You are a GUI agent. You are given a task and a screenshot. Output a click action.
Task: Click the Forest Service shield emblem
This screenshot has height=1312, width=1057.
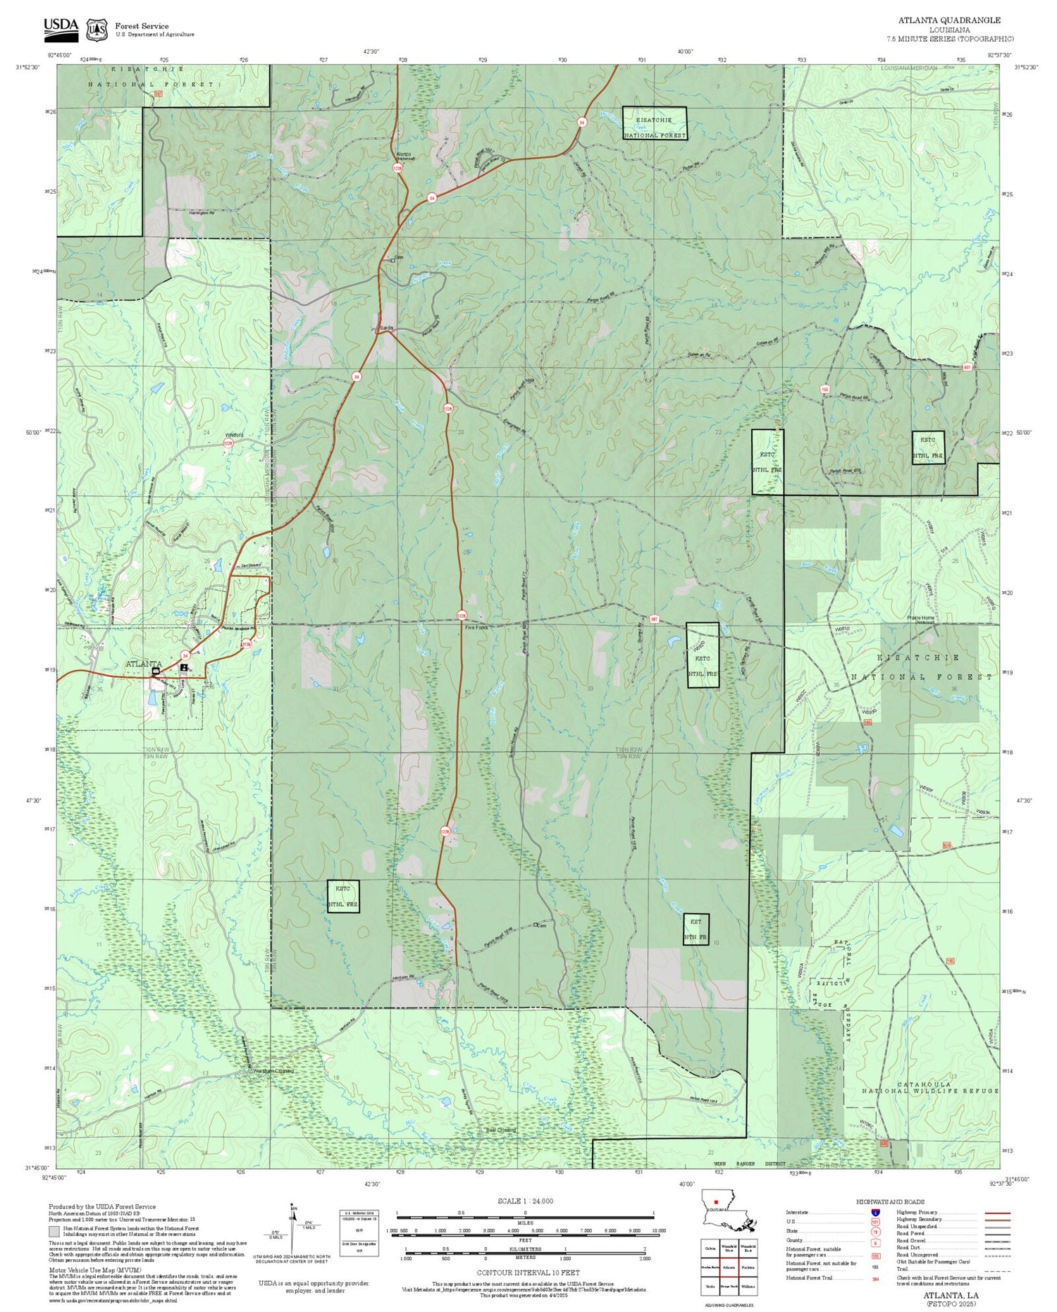(97, 30)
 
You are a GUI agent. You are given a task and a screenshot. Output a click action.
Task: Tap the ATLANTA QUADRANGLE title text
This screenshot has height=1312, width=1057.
(948, 20)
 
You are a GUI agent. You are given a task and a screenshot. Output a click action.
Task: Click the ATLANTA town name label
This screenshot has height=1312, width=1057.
(144, 664)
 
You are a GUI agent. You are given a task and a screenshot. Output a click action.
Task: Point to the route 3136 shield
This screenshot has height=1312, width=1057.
(247, 643)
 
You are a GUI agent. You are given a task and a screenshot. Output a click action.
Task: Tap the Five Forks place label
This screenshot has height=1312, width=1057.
(476, 626)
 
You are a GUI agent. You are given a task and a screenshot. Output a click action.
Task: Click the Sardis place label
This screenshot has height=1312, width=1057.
(386, 328)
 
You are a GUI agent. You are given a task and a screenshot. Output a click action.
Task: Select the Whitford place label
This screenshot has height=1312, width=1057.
(234, 435)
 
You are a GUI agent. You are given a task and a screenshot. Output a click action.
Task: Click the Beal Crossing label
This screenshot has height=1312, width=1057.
(501, 1130)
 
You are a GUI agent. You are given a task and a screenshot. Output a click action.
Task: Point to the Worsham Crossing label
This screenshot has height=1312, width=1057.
(273, 1072)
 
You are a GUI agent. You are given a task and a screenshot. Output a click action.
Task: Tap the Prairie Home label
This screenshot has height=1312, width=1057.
(920, 618)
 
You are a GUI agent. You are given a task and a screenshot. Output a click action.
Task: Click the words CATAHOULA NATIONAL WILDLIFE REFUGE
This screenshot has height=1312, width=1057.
(930, 1087)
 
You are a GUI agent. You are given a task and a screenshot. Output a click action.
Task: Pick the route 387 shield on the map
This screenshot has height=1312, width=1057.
(654, 619)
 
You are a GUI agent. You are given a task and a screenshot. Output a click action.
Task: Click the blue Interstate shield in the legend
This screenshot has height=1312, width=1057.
(874, 1212)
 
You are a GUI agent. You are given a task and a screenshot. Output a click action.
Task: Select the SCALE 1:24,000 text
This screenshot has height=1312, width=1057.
(525, 1201)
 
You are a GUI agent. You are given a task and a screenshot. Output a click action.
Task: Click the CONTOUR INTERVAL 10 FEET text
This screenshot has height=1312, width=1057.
(528, 1273)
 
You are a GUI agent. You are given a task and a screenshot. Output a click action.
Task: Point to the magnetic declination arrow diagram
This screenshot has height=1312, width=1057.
(292, 1230)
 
